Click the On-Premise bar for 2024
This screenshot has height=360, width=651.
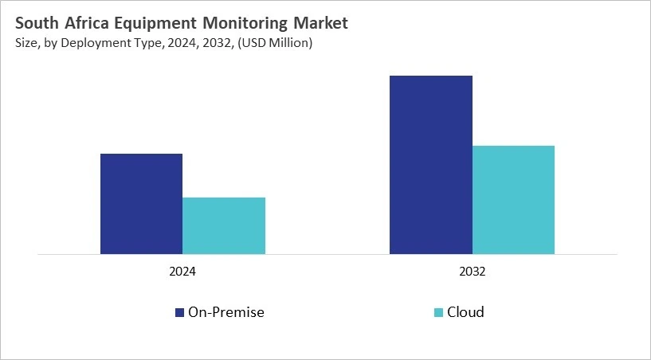141,204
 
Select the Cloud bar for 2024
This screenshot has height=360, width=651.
224,226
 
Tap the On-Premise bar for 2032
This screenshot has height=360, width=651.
431,165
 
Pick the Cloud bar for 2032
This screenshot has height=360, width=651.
513,200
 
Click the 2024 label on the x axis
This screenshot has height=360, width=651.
182,272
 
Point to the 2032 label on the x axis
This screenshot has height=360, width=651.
472,272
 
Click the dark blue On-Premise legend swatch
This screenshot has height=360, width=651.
179,312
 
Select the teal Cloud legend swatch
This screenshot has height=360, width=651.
438,312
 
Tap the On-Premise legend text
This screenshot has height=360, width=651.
225,312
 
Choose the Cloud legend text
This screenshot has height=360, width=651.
466,312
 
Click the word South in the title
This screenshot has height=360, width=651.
37,24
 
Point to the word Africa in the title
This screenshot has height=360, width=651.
89,24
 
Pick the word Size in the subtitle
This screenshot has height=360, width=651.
25,43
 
